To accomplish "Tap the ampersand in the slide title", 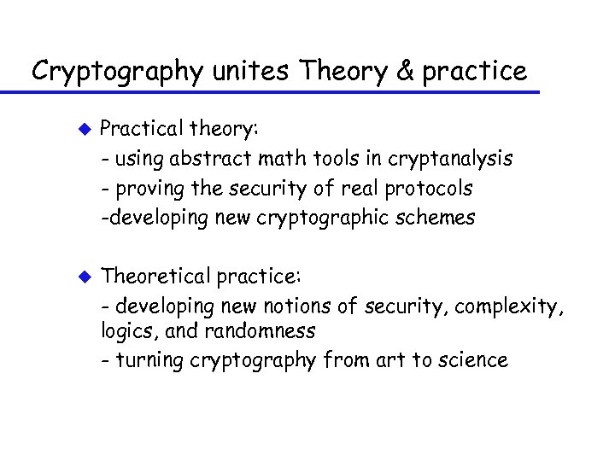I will (405, 71).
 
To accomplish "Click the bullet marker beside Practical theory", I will (85, 131).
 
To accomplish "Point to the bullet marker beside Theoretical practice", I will (85, 275).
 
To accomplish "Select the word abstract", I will (225, 158).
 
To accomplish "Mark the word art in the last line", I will (384, 360).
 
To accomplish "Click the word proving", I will (146, 187).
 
